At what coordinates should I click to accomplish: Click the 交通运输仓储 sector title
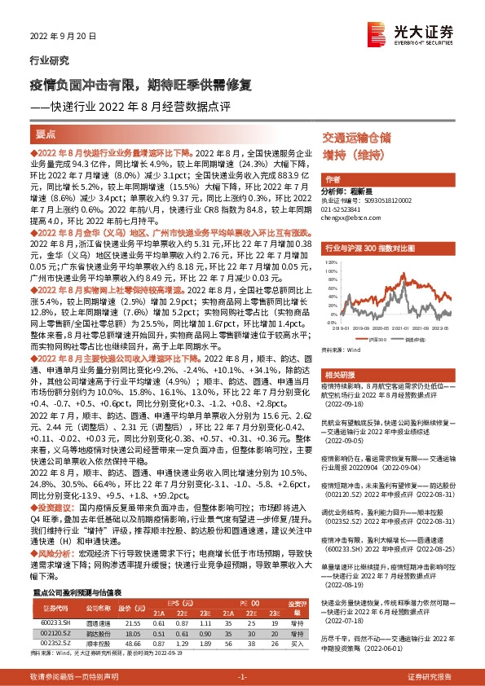(x=356, y=137)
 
